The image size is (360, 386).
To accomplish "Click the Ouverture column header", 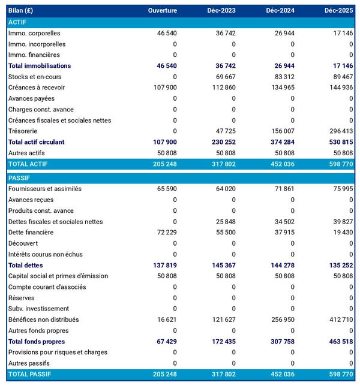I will [163, 11].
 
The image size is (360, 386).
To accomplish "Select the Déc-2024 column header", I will [280, 11].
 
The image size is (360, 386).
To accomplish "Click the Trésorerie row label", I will [25, 131].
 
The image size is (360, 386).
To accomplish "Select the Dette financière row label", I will [31, 233].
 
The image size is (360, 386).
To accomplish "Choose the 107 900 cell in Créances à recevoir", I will [163, 88].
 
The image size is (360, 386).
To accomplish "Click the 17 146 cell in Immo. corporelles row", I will [341, 34].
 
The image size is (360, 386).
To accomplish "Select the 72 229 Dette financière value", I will [164, 233].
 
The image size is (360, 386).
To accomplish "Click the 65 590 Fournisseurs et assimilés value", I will [164, 189].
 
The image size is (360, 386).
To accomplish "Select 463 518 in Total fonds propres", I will [339, 342].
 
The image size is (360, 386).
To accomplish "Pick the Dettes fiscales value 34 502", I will [283, 222].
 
